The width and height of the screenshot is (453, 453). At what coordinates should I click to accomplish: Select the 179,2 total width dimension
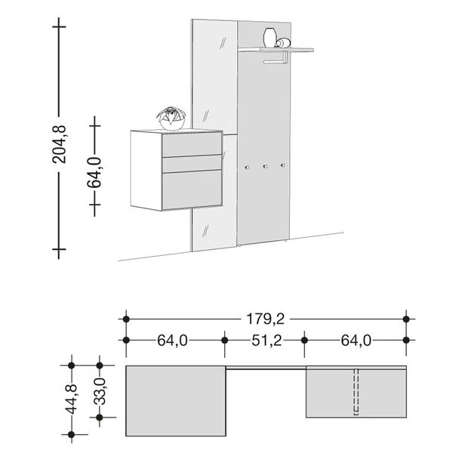point(266,319)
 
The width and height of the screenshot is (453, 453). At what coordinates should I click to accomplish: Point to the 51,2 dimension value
point(264,341)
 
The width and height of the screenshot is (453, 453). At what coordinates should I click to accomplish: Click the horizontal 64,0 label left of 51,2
point(172,341)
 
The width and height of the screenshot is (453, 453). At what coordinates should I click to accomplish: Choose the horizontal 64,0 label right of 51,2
point(355,341)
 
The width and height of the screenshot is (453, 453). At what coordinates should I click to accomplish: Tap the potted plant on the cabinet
point(171,118)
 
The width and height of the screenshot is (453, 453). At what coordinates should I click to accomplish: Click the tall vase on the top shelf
point(270,38)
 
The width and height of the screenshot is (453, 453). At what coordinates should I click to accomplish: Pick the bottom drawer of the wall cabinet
point(193,189)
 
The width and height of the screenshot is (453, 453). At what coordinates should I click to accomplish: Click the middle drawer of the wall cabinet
point(193,164)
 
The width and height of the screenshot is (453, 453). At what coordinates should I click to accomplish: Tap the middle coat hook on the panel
point(265,166)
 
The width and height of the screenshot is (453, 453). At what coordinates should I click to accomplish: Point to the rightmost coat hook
point(282,165)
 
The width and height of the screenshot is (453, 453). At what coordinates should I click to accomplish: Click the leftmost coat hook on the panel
point(247,167)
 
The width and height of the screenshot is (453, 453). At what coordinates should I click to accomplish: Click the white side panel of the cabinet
point(146,170)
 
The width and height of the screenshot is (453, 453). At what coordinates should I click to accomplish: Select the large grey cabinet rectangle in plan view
point(176,401)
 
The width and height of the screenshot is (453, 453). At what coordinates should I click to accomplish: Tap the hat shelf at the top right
point(275,51)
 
